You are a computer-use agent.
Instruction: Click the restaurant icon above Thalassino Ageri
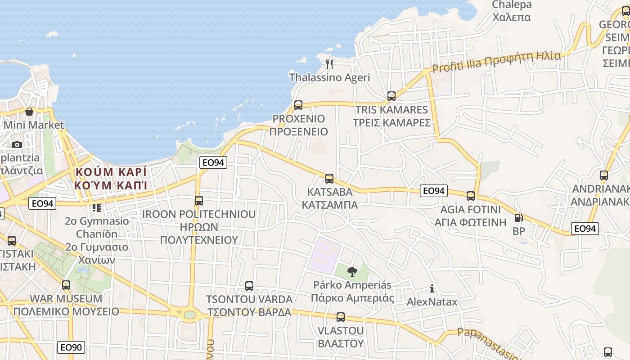tap(329, 64)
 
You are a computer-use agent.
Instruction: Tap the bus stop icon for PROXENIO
tap(298, 105)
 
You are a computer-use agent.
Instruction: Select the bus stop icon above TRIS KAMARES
tap(391, 96)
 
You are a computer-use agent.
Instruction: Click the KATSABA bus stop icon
tap(329, 178)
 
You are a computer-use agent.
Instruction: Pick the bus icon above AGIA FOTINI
tap(471, 196)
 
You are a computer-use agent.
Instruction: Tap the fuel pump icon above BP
tap(518, 218)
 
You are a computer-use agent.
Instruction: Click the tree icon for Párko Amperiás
tap(352, 271)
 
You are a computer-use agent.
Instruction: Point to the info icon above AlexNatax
tap(432, 288)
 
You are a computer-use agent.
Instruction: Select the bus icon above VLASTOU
tap(341, 317)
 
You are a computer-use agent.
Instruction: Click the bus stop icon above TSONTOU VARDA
tap(249, 286)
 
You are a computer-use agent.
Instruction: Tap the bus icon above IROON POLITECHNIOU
tap(199, 200)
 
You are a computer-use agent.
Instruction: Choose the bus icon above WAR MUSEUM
tap(66, 285)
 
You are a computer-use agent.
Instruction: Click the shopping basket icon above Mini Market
tap(29, 111)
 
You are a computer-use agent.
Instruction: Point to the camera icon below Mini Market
tap(17, 144)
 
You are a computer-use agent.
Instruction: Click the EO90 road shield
tap(71, 347)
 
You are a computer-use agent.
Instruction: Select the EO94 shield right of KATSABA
tap(434, 191)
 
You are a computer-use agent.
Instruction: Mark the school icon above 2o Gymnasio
tap(96, 208)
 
